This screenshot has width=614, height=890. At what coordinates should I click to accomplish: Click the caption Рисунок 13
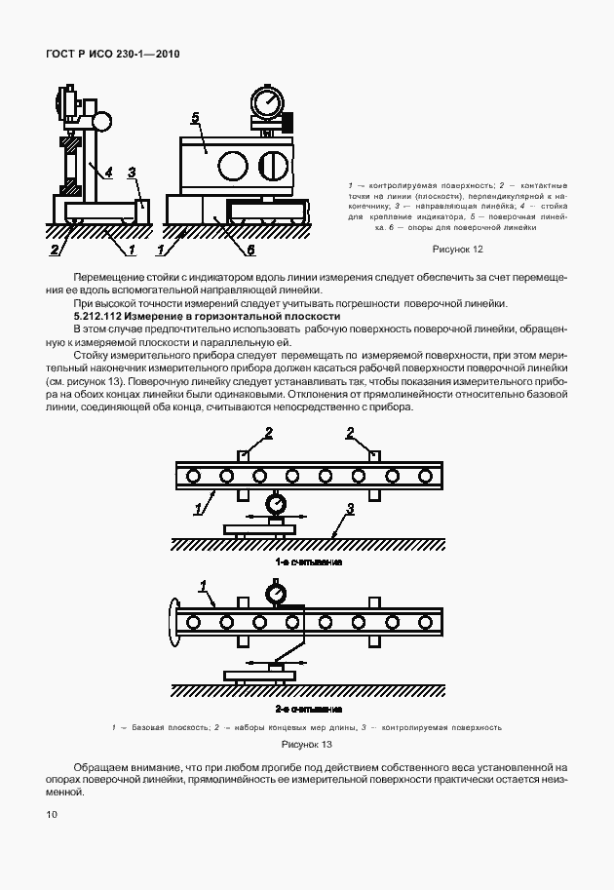[x=307, y=744]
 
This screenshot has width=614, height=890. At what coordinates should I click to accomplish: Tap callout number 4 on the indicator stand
[x=109, y=172]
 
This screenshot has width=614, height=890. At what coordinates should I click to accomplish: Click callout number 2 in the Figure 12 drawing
[x=55, y=251]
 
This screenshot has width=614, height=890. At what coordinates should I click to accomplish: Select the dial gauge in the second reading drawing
[x=276, y=594]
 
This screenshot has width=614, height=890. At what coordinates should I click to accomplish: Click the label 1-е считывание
[x=308, y=562]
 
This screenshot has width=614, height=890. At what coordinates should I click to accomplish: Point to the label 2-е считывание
[x=308, y=709]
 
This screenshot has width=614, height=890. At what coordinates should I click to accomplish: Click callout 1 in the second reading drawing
[x=203, y=586]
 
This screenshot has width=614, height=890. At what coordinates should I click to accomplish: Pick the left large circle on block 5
[x=232, y=166]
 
